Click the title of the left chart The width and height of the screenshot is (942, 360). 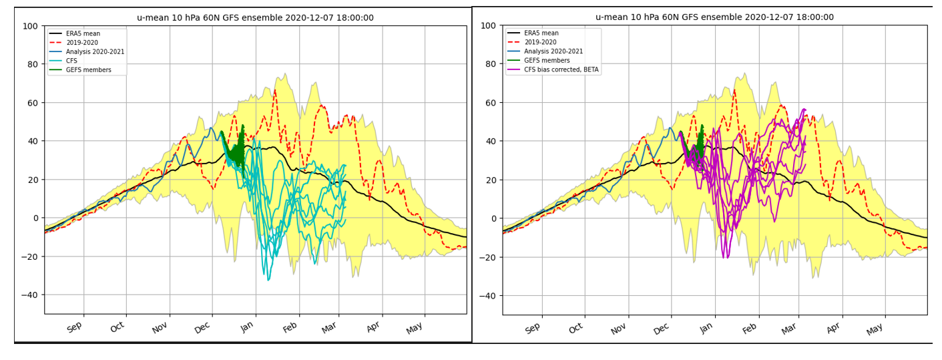coord(255,18)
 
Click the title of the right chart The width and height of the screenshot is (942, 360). coord(714,17)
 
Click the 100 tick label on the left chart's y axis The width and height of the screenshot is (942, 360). coord(30,26)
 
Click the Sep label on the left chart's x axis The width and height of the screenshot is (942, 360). coord(75,327)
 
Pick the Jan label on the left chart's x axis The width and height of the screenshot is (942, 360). coord(247,327)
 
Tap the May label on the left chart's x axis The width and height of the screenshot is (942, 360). coord(415,327)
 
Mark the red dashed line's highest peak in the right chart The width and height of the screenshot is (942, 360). coord(734,89)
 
